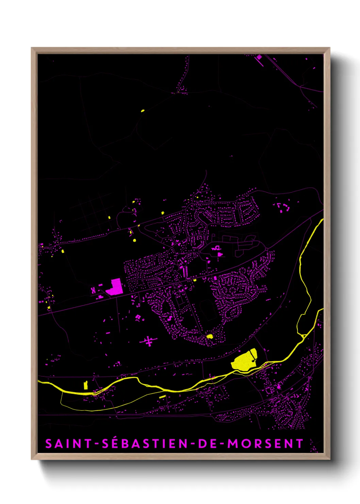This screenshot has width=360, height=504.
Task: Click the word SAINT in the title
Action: (68, 444)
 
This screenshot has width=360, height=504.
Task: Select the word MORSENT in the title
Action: (265, 444)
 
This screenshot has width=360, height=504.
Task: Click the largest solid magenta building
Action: (114, 287)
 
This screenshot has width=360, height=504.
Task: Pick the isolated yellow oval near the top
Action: (143, 111)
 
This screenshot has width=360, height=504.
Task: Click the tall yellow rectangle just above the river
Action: (86, 385)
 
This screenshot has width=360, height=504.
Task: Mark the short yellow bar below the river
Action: (162, 397)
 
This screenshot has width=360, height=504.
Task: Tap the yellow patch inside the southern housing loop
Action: (210, 336)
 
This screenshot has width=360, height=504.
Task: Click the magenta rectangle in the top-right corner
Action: (259, 58)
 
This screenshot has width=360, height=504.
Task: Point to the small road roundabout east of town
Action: (266, 250)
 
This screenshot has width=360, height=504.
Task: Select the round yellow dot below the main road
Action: (134, 240)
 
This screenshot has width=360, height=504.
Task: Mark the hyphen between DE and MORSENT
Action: (222, 444)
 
